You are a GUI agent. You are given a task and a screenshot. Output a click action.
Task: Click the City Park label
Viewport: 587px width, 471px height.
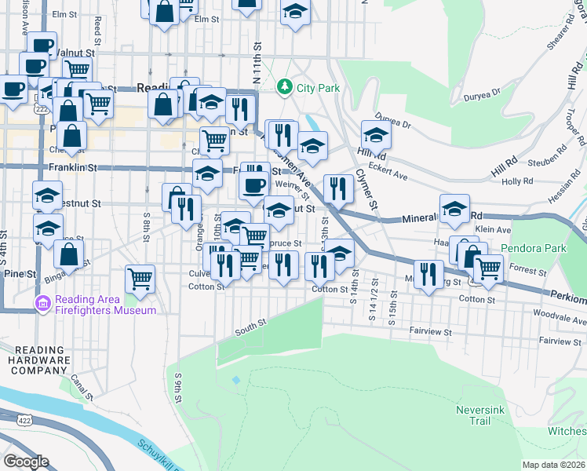point(319,88)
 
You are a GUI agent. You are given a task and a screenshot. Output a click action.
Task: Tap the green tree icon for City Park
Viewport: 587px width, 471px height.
point(286,87)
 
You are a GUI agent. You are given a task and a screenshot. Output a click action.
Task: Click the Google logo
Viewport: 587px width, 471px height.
point(26,462)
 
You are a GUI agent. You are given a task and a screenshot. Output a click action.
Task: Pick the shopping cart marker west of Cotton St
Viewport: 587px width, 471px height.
point(140,278)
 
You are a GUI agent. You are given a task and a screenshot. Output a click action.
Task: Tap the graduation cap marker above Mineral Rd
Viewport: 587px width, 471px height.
point(454,208)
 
